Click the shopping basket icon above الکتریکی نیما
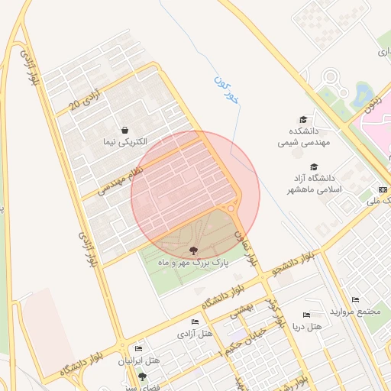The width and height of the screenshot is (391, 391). (x=124, y=130)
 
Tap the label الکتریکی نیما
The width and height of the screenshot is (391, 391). (x=125, y=142)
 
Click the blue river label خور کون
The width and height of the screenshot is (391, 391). (x=227, y=89)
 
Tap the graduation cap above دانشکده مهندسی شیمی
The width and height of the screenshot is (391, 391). (x=304, y=120)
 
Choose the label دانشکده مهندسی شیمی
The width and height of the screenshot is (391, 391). (x=302, y=136)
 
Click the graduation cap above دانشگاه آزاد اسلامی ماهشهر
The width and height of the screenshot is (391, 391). (x=313, y=167)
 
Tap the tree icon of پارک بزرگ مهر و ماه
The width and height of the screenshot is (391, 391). (x=193, y=250)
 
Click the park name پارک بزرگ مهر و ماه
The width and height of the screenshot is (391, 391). (x=194, y=262)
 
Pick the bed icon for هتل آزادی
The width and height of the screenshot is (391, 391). (x=195, y=322)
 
